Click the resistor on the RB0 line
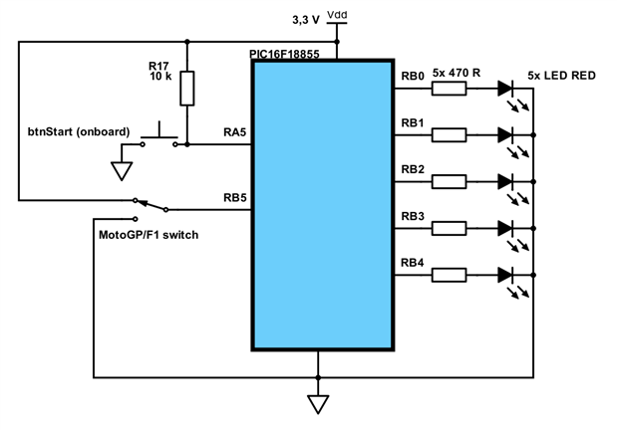click(449, 89)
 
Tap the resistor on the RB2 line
click(449, 181)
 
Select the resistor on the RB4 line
click(449, 274)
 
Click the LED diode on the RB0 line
click(505, 89)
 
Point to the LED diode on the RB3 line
click(505, 227)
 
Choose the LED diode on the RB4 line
click(505, 274)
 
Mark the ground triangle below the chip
click(318, 404)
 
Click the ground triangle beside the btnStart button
click(121, 170)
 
